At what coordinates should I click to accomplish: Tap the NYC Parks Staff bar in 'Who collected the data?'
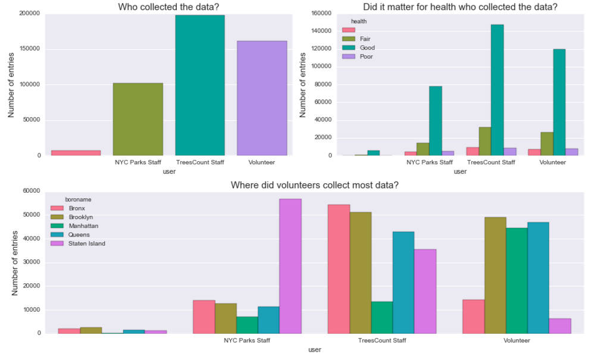(x=138, y=119)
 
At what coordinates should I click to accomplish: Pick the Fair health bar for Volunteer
(x=546, y=143)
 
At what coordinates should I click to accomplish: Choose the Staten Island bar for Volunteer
(x=560, y=325)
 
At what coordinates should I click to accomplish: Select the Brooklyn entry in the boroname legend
(x=80, y=217)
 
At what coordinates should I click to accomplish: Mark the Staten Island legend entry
(x=87, y=243)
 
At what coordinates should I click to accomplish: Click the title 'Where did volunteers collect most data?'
(x=314, y=185)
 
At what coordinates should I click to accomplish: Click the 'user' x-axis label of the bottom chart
(x=314, y=350)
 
